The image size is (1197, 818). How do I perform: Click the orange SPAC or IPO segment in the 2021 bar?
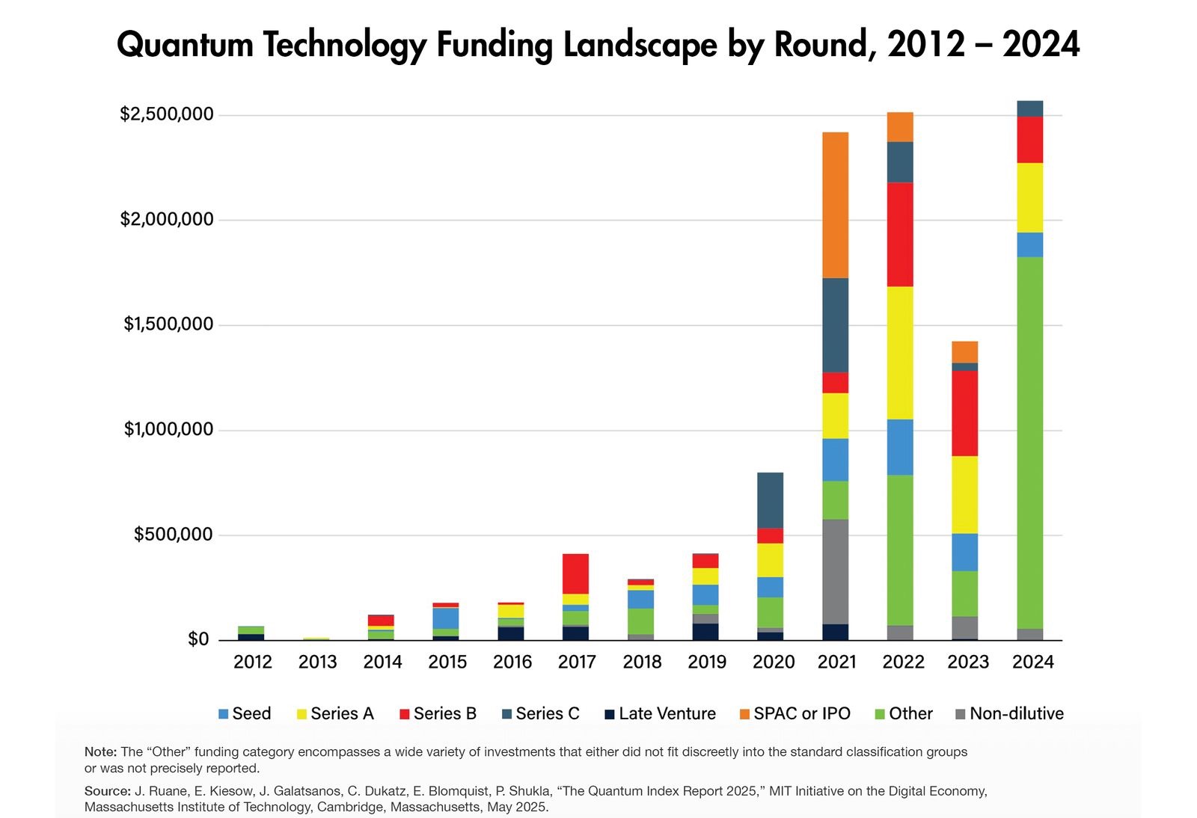[x=835, y=205]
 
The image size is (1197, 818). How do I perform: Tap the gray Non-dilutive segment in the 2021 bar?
[x=835, y=571]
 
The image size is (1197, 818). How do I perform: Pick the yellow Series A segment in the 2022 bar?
[x=900, y=353]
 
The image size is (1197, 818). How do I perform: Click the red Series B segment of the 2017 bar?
[x=575, y=573]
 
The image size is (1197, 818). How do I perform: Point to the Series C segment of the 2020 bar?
[x=770, y=500]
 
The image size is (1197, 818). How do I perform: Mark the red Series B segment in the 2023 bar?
[x=964, y=413]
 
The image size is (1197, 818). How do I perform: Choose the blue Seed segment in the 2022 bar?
[x=900, y=447]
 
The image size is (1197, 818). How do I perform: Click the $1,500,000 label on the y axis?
[x=168, y=325]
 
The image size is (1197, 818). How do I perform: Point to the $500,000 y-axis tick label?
[x=173, y=535]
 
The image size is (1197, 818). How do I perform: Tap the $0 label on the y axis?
[x=198, y=639]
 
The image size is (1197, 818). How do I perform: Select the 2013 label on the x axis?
[x=317, y=662]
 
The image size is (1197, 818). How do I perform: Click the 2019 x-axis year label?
[x=706, y=662]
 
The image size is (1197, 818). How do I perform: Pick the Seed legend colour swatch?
[x=223, y=714]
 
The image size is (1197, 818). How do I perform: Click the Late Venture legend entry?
[x=667, y=713]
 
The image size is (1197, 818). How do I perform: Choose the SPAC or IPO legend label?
[x=801, y=713]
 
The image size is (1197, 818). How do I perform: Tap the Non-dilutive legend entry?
[x=1016, y=713]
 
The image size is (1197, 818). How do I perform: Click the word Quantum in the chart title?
[x=185, y=45]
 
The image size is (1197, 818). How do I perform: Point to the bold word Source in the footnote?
[x=107, y=790]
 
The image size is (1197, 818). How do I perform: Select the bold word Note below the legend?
[x=100, y=751]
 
